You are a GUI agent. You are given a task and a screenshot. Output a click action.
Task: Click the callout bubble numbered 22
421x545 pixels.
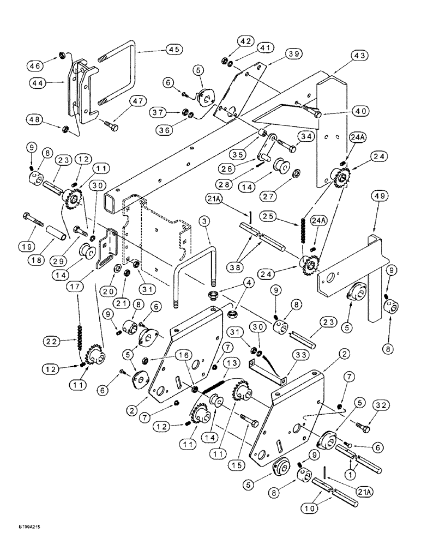(52, 342)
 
